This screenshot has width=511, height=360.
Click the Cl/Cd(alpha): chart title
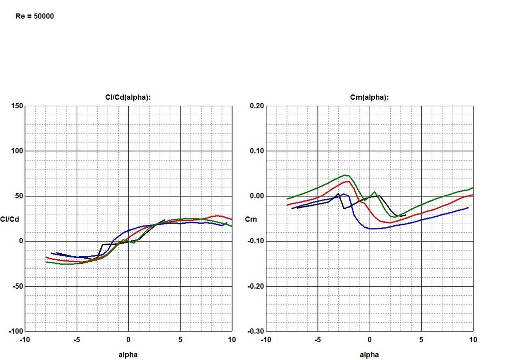click(129, 98)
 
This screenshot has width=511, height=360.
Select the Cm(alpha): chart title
click(370, 98)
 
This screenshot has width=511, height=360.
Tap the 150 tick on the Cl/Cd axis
click(16, 106)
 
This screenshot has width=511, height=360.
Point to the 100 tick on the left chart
click(16, 151)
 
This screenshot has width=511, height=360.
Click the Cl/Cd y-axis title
click(10, 219)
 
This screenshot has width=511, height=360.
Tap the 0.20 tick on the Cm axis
click(257, 106)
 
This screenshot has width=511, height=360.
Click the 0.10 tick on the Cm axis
click(257, 151)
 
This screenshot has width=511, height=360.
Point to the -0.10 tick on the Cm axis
click(256, 241)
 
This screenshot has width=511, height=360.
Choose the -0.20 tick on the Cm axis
click(256, 286)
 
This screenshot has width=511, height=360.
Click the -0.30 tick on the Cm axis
click(256, 331)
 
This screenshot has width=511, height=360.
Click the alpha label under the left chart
click(129, 355)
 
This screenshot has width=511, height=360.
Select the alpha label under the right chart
click(370, 355)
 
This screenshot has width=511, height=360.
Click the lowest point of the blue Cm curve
click(372, 229)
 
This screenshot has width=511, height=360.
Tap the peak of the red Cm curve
click(348, 181)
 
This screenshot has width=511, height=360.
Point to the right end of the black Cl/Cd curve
click(164, 220)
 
